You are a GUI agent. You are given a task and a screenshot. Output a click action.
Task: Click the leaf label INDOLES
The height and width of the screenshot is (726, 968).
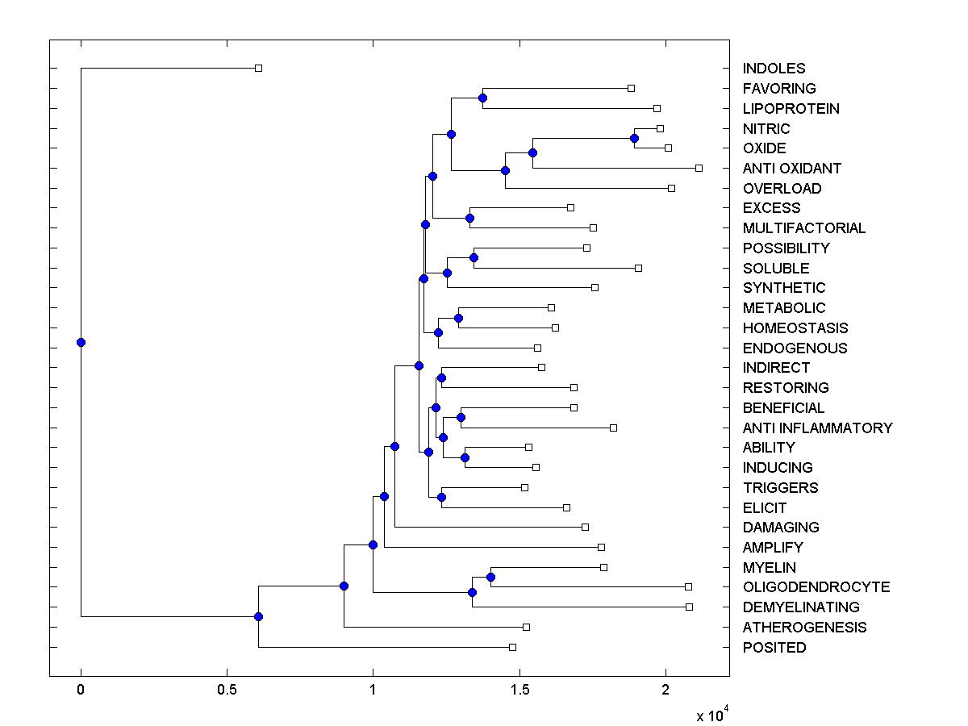[774, 69]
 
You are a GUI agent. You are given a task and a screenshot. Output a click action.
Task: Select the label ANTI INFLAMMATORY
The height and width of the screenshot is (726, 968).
[817, 428]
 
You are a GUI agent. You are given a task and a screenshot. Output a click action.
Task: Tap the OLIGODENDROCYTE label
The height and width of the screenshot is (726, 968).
[816, 587]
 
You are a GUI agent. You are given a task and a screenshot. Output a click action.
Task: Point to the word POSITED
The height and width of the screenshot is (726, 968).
[774, 647]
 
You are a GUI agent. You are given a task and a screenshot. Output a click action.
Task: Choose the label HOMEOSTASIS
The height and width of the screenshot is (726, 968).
[795, 328]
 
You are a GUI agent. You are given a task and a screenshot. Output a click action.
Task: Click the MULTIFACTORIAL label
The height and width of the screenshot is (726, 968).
[804, 228]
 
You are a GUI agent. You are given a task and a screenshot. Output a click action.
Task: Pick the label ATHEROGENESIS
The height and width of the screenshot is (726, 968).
[804, 627]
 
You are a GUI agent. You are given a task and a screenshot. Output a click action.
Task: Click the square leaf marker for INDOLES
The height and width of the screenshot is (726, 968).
[258, 68]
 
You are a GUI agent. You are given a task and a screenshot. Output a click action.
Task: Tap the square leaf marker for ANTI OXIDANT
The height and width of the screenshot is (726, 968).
[699, 168]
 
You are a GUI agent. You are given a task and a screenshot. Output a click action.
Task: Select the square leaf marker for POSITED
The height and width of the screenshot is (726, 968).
[512, 647]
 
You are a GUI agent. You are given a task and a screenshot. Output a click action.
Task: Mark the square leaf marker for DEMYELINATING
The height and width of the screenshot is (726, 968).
[689, 607]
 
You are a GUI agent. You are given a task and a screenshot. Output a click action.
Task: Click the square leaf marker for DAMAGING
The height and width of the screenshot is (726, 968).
[585, 527]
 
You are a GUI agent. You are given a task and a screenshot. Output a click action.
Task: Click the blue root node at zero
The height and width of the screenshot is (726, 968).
[81, 342]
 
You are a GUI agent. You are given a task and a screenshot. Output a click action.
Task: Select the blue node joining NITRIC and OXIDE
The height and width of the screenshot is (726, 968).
[634, 138]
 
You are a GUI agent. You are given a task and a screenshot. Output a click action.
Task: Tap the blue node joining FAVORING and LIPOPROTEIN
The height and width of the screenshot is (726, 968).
[482, 98]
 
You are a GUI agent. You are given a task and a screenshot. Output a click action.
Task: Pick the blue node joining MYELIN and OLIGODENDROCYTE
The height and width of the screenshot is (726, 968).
[490, 577]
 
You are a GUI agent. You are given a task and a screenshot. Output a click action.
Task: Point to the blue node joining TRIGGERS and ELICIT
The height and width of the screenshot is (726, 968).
[441, 497]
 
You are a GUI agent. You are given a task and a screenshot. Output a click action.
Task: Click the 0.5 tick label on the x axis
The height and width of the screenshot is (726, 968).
[227, 691]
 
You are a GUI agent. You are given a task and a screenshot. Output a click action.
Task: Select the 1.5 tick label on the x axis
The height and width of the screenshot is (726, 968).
[519, 691]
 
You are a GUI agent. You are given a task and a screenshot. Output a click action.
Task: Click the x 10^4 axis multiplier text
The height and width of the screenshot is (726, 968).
[713, 715]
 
